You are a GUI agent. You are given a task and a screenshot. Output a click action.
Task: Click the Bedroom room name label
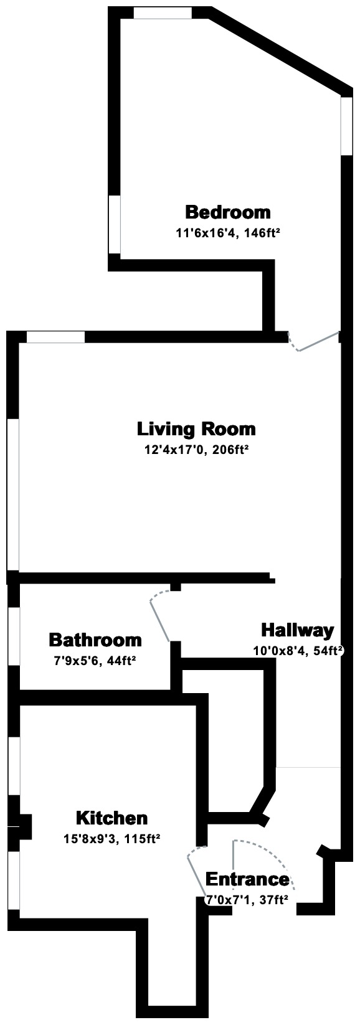(228, 212)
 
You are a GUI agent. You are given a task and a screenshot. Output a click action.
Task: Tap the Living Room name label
(196, 429)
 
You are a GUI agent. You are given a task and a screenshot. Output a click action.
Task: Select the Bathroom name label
(95, 640)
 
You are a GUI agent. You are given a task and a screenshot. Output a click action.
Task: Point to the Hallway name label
(297, 630)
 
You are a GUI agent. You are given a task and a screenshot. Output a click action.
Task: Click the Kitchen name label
(111, 818)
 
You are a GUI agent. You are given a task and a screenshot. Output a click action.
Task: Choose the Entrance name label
(247, 879)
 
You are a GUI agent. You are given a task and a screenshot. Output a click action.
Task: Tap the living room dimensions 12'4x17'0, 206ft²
(197, 450)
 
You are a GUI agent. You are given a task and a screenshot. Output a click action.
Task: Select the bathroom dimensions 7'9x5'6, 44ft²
(95, 659)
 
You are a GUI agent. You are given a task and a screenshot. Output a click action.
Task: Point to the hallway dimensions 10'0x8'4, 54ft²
(298, 651)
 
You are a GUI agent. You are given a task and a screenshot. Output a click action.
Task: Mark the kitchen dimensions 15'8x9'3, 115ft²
(112, 839)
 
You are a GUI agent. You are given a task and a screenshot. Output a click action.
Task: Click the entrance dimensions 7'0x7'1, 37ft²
(247, 899)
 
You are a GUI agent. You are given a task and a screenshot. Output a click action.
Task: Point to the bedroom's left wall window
(115, 225)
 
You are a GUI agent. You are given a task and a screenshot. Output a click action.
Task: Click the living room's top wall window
(55, 337)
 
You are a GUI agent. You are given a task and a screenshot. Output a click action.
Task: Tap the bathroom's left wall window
(14, 636)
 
